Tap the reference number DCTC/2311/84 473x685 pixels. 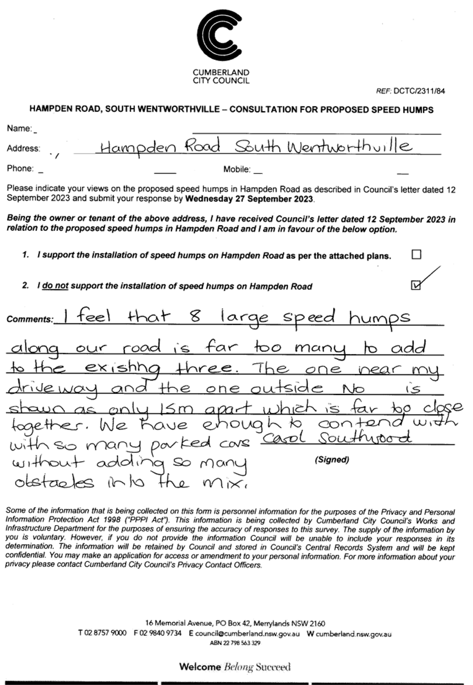pos(419,91)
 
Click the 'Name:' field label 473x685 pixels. pos(19,129)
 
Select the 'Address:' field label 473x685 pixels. pos(24,148)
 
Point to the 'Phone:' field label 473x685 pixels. pos(20,169)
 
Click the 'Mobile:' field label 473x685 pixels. pos(237,169)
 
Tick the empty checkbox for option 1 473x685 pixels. pos(416,255)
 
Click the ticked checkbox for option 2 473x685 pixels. pos(416,285)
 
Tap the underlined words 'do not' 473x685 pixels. pos(55,286)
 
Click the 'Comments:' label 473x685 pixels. pos(30,319)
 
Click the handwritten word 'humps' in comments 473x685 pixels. pos(379,319)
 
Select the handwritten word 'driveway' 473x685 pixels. pos(52,390)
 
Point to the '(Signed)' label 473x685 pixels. pos(332,460)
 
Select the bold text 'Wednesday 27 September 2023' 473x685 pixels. pos(249,199)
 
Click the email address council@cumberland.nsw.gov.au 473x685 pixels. pos(247,634)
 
